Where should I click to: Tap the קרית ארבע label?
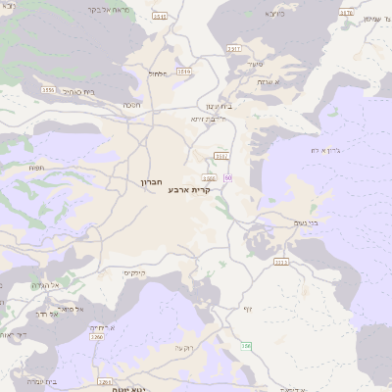pos(189,189)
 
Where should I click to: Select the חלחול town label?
pos(158,73)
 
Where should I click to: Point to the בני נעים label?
pos(306,223)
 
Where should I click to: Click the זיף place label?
pos(248,310)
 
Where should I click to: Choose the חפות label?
pos(37,168)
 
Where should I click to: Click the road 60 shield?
pos(227,177)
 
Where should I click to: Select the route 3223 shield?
pos(281,262)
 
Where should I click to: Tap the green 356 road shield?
pos(247,346)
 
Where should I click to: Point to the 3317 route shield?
pos(233,47)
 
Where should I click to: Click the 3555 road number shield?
pos(48,89)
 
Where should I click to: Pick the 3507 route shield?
pos(221,155)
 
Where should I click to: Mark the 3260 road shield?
pos(97,337)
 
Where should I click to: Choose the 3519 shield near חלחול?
pos(186,71)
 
